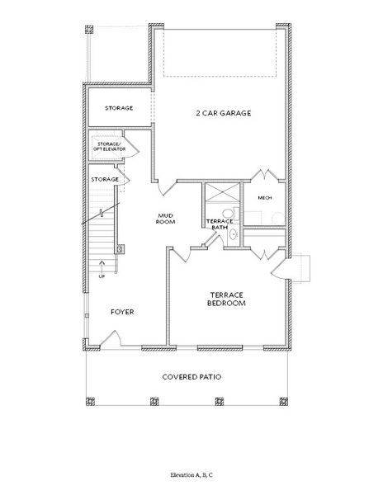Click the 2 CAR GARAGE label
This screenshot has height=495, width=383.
tap(224, 113)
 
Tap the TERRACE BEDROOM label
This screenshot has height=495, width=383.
tap(227, 299)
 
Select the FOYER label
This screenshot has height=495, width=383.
tap(122, 312)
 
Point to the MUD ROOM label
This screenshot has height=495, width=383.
tap(165, 219)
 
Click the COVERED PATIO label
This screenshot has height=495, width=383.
tap(191, 377)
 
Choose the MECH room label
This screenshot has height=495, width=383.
tap(265, 198)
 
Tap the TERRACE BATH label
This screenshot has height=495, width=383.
tap(220, 224)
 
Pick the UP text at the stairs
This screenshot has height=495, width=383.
tap(102, 276)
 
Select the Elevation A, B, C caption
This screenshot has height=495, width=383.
tap(191, 475)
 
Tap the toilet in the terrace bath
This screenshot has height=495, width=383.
tap(229, 213)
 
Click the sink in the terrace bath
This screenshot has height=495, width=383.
tap(233, 234)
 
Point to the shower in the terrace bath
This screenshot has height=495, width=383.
tap(222, 192)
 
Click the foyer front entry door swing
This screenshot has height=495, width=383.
tap(111, 338)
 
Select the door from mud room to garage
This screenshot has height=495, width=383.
tap(167, 188)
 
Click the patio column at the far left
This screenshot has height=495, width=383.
tap(90, 401)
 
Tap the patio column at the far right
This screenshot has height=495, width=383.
tap(284, 401)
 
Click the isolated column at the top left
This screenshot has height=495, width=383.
tap(89, 30)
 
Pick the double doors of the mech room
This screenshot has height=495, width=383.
tap(265, 176)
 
